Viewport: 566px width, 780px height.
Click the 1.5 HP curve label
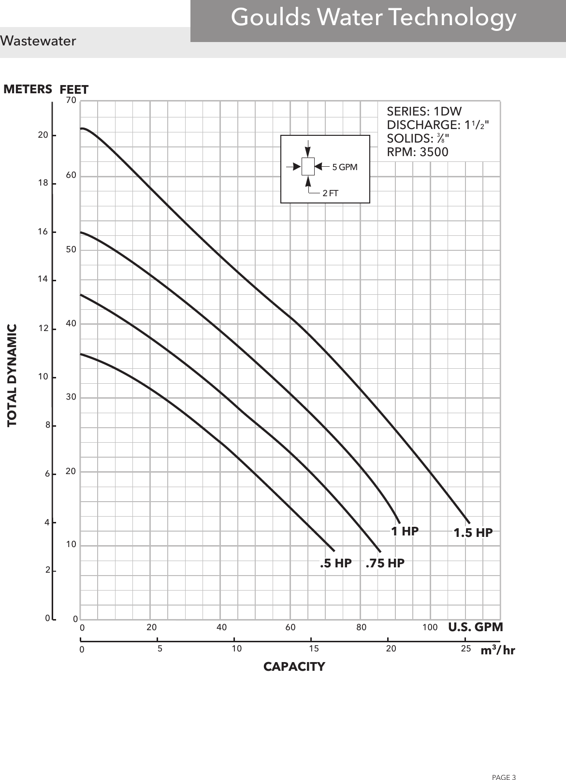click(473, 533)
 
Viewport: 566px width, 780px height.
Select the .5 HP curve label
click(336, 563)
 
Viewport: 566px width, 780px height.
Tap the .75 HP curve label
click(385, 563)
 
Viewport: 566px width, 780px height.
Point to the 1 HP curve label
click(405, 531)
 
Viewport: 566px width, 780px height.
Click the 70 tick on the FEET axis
click(71, 101)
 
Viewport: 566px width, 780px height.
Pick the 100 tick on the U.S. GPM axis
click(430, 627)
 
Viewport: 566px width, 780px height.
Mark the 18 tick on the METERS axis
click(44, 183)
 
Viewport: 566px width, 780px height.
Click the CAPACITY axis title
click(294, 667)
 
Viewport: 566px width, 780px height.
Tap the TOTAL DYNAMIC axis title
click(12, 375)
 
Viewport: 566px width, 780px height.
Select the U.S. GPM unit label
click(476, 627)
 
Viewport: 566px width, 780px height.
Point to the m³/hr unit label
click(498, 650)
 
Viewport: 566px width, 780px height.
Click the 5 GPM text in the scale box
click(345, 168)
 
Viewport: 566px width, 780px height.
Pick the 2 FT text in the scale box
click(330, 193)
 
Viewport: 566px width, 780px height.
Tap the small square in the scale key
click(308, 166)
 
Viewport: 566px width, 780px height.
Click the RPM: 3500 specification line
click(418, 152)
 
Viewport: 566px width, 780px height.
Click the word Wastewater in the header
click(38, 41)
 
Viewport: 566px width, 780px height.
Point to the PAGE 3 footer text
click(504, 764)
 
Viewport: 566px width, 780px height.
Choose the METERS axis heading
click(28, 89)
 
